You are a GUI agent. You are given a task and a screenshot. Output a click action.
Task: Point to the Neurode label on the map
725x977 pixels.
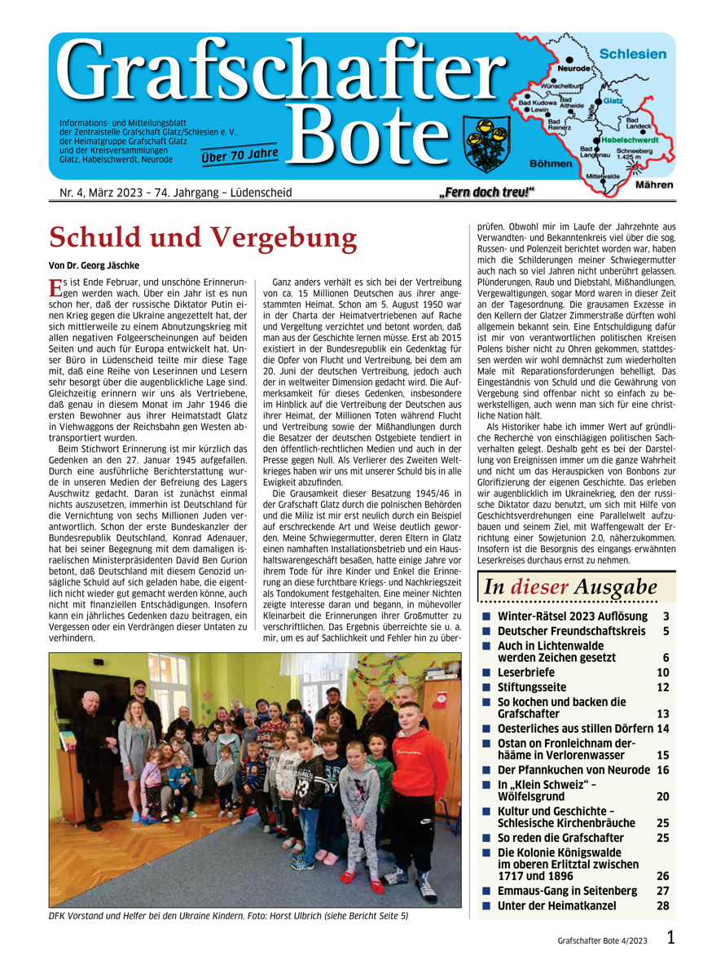tap(574, 69)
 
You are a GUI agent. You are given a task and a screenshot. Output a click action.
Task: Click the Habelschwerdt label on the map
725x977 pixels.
tap(629, 139)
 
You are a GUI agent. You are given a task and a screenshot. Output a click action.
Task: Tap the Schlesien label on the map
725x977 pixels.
tap(632, 54)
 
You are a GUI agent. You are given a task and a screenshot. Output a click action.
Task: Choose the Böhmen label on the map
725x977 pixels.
tap(551, 164)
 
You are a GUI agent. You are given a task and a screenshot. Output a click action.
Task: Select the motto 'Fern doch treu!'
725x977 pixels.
tap(492, 192)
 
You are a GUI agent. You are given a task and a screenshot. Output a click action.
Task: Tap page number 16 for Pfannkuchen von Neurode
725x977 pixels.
tap(662, 769)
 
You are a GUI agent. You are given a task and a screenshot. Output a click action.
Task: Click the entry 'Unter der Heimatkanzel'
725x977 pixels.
tap(557, 905)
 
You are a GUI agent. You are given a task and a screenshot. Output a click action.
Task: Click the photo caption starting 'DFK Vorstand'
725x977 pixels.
tap(228, 915)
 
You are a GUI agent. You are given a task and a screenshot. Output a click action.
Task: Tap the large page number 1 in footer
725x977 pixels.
tap(670, 939)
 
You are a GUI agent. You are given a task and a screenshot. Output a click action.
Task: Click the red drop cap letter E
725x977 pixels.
tap(55, 286)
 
